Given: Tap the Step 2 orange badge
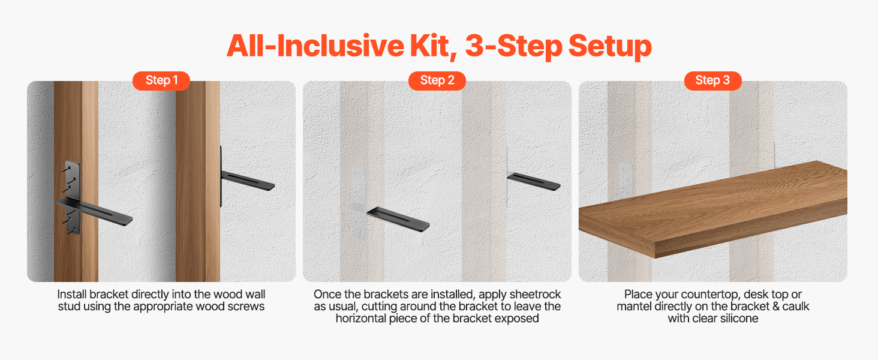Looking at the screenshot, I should (x=437, y=80).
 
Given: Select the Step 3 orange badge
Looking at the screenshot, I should (x=712, y=80).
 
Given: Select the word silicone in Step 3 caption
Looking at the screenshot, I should (x=735, y=319).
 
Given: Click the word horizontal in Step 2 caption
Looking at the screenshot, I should (x=360, y=319).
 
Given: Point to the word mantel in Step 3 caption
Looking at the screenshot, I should (x=635, y=307).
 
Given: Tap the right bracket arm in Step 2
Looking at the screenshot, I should (x=533, y=181).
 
